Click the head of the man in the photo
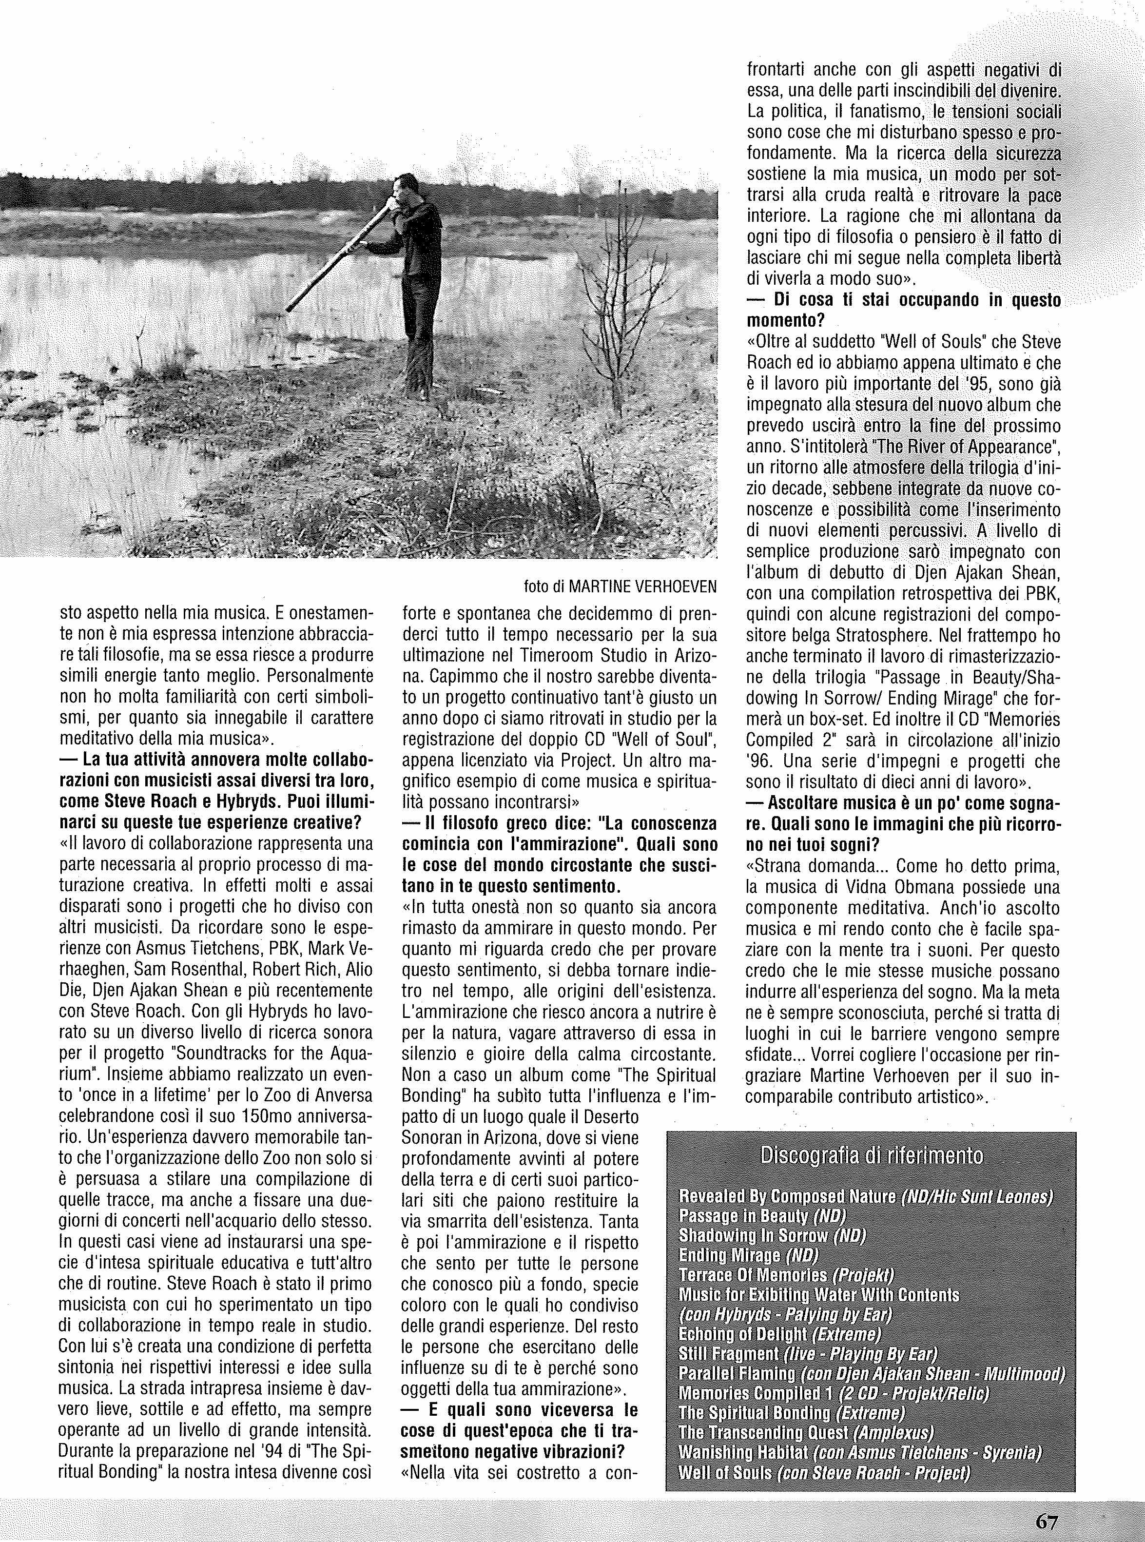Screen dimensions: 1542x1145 403,187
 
